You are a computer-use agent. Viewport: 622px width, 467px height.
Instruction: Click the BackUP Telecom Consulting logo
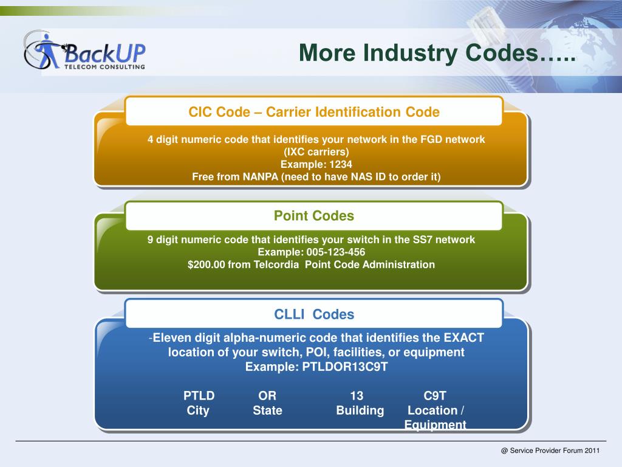[85, 51]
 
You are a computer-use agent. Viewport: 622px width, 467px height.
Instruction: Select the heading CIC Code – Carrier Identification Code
[313, 112]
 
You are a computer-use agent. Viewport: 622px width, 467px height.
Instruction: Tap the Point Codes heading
[313, 216]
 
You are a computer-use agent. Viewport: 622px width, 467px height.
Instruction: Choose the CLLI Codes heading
[313, 314]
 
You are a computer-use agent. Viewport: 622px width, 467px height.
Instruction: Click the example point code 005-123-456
[337, 252]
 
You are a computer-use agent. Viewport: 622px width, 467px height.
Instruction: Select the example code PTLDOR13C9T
[344, 367]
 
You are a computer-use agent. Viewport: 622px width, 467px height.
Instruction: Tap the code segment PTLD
[199, 396]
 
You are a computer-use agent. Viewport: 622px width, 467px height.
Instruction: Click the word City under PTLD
[198, 410]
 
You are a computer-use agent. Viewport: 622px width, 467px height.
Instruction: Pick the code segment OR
[267, 396]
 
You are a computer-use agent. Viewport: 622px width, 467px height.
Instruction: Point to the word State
[267, 410]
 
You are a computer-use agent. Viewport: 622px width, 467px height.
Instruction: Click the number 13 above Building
[357, 396]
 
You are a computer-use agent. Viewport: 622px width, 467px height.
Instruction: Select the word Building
[360, 410]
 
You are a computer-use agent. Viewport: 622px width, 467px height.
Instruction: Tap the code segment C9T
[435, 396]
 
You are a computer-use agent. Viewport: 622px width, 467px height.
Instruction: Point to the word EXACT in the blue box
[464, 338]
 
